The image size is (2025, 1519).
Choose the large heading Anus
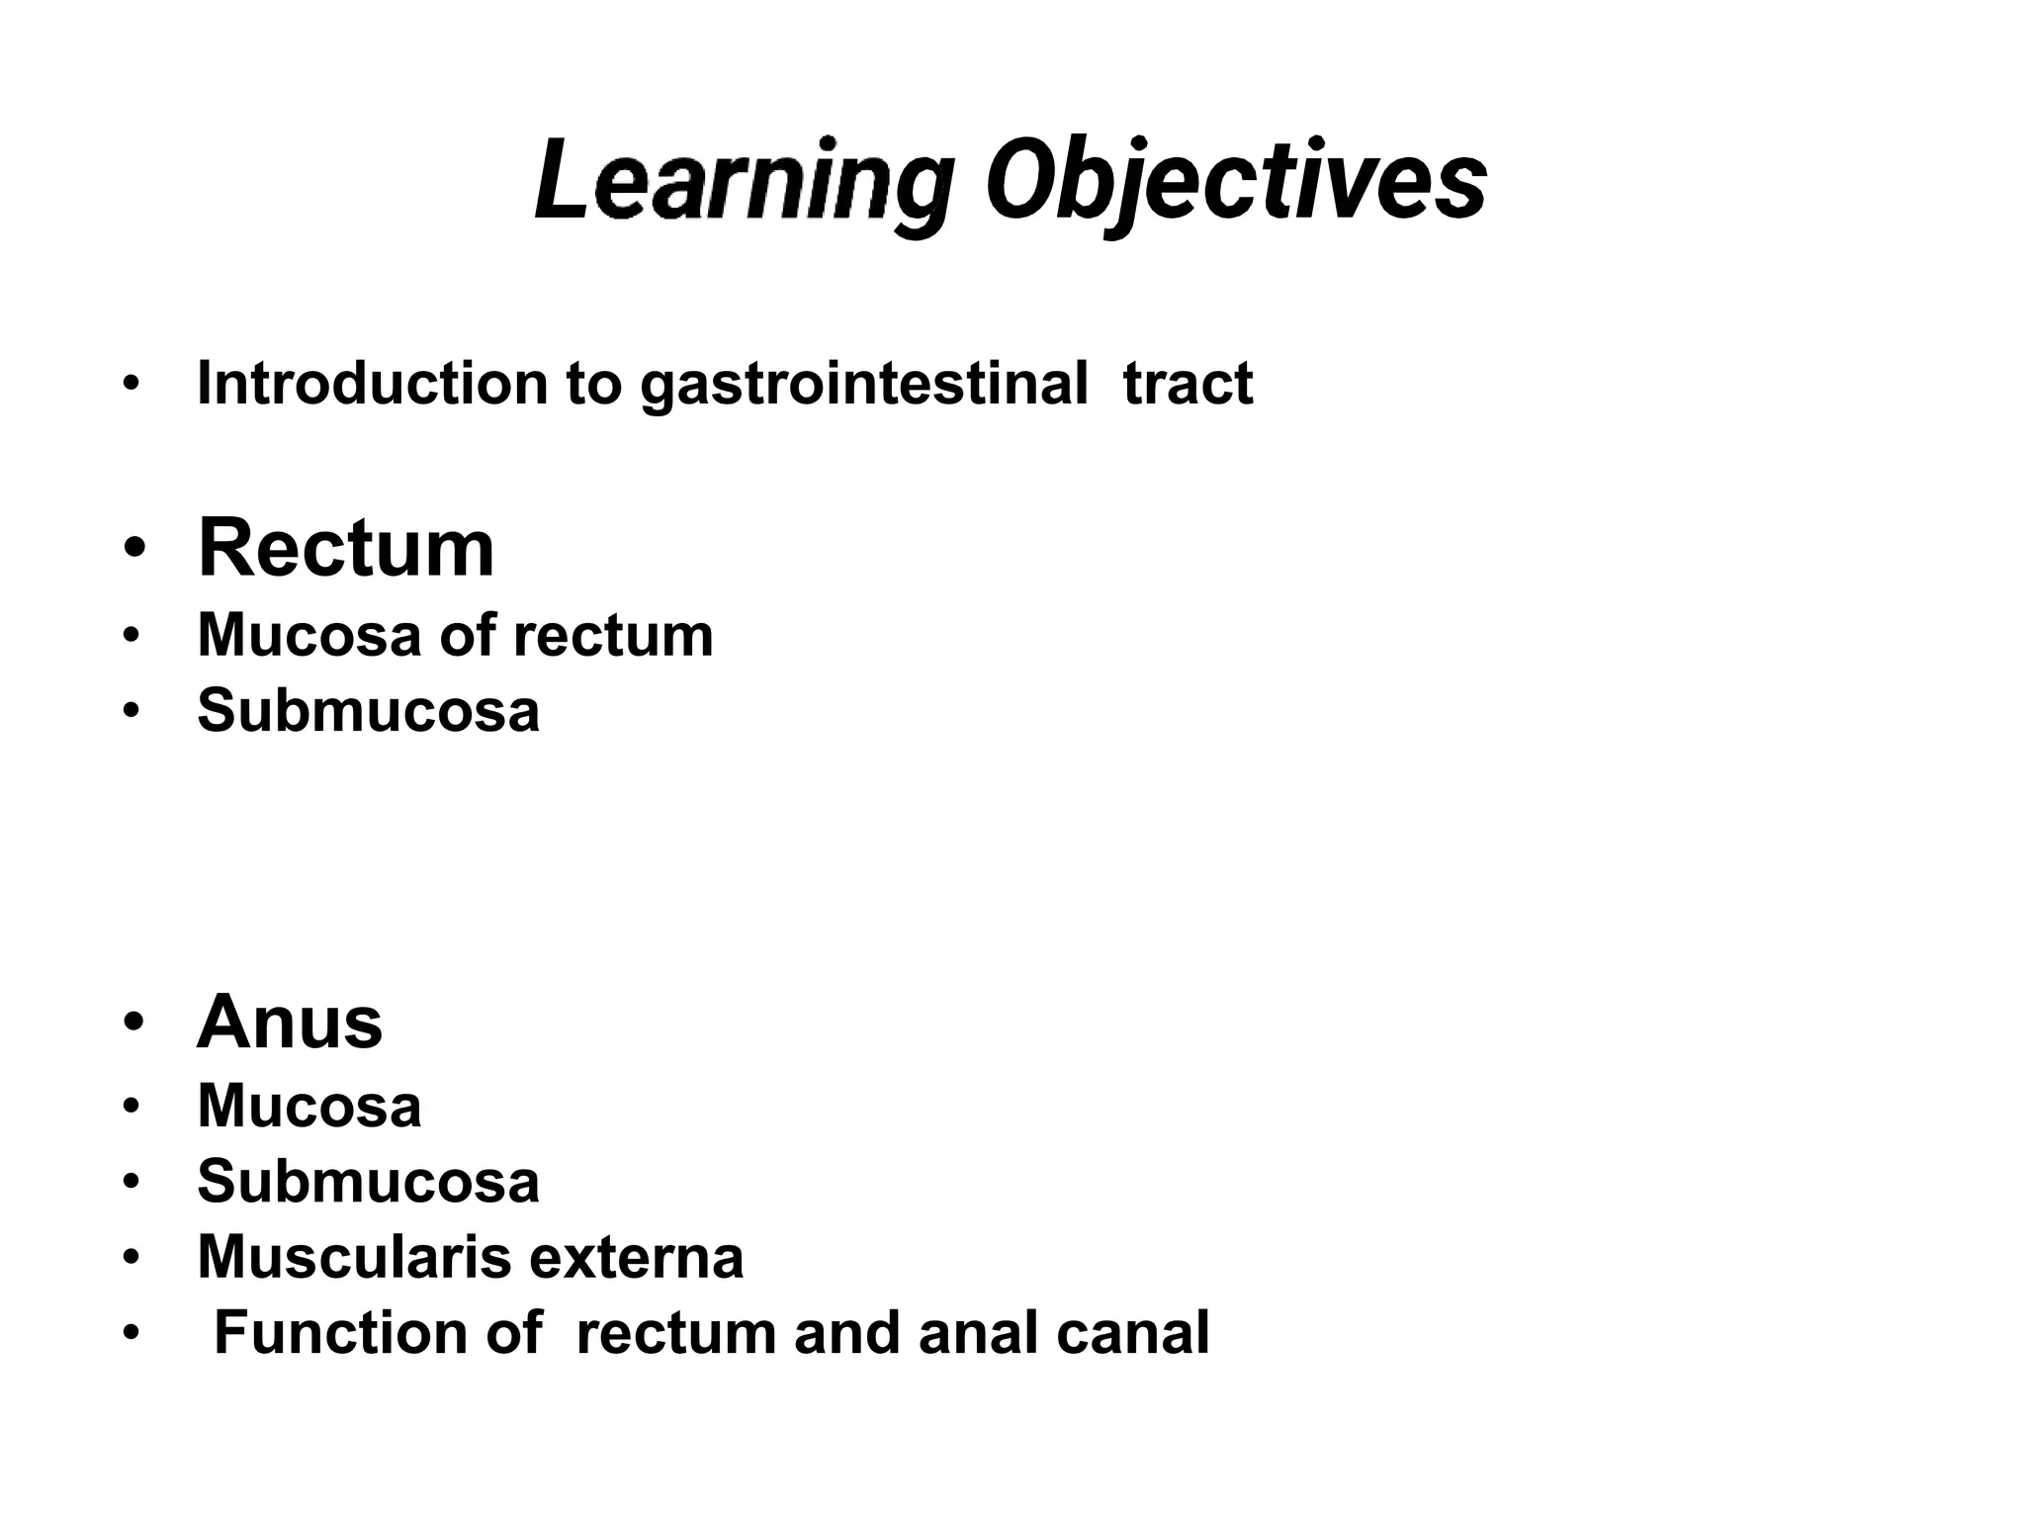(290, 1022)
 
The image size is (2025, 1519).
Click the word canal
(1132, 1332)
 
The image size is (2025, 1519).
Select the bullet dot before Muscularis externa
(131, 1258)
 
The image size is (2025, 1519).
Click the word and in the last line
(847, 1332)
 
